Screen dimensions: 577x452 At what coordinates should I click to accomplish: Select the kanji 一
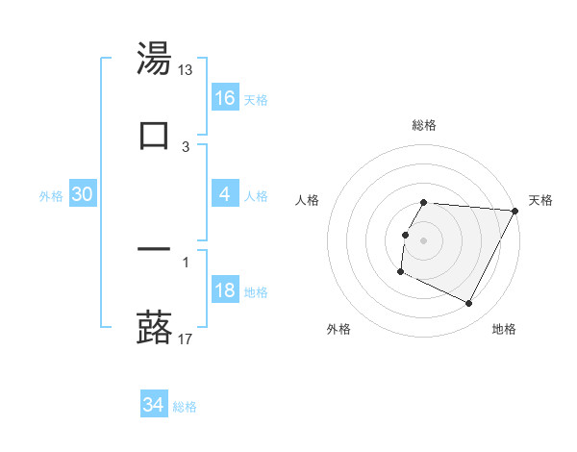(154, 249)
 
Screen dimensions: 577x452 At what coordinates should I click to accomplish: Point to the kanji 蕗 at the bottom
(154, 327)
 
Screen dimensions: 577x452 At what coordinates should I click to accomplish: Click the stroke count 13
(186, 70)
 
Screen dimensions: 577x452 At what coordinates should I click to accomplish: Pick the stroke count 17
(186, 339)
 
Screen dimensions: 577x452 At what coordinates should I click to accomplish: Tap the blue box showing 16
(225, 97)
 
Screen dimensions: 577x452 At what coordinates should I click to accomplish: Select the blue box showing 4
(225, 194)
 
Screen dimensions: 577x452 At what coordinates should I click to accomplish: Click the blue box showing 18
(225, 291)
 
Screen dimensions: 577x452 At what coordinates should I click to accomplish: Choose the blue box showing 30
(83, 194)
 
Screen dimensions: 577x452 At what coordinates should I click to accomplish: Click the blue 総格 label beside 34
(186, 407)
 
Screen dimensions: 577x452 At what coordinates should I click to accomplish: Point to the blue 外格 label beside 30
(51, 195)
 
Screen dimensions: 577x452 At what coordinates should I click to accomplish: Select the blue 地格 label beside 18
(257, 292)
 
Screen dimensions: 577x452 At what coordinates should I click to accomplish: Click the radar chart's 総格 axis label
(424, 125)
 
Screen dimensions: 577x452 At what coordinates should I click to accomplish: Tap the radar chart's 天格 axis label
(541, 200)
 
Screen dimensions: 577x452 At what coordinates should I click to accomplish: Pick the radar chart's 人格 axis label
(308, 200)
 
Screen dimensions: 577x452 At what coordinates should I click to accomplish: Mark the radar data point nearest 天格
(515, 211)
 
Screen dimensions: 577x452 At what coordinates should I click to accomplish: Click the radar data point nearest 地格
(469, 304)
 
